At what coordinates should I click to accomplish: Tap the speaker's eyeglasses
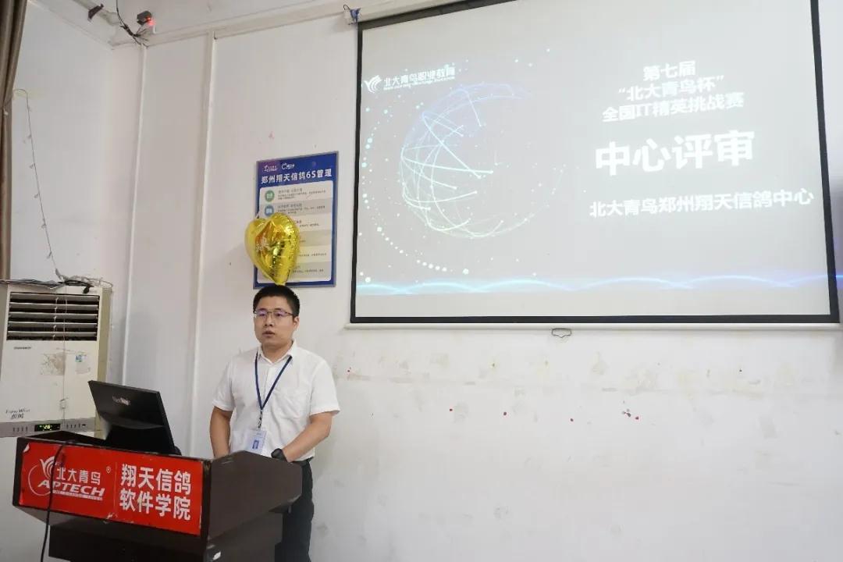click(x=274, y=314)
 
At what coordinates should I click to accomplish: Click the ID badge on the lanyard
click(x=255, y=440)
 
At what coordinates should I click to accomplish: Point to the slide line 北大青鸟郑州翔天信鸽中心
click(x=701, y=203)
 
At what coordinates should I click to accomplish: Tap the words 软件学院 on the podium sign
click(x=155, y=507)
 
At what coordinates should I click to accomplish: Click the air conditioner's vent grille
click(x=53, y=316)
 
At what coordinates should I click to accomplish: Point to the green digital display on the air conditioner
click(x=46, y=427)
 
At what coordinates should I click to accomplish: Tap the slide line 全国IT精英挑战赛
click(x=672, y=107)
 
